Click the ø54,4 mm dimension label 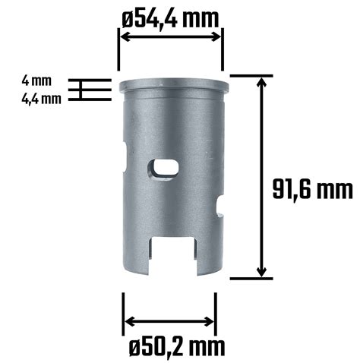[x=170, y=18]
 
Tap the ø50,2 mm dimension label [x=177, y=346]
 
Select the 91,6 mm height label [x=312, y=188]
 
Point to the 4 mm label [x=36, y=80]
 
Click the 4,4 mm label [x=41, y=99]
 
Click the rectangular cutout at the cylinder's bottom [x=173, y=256]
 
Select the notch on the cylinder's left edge [x=125, y=157]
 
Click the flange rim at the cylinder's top [x=174, y=85]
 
